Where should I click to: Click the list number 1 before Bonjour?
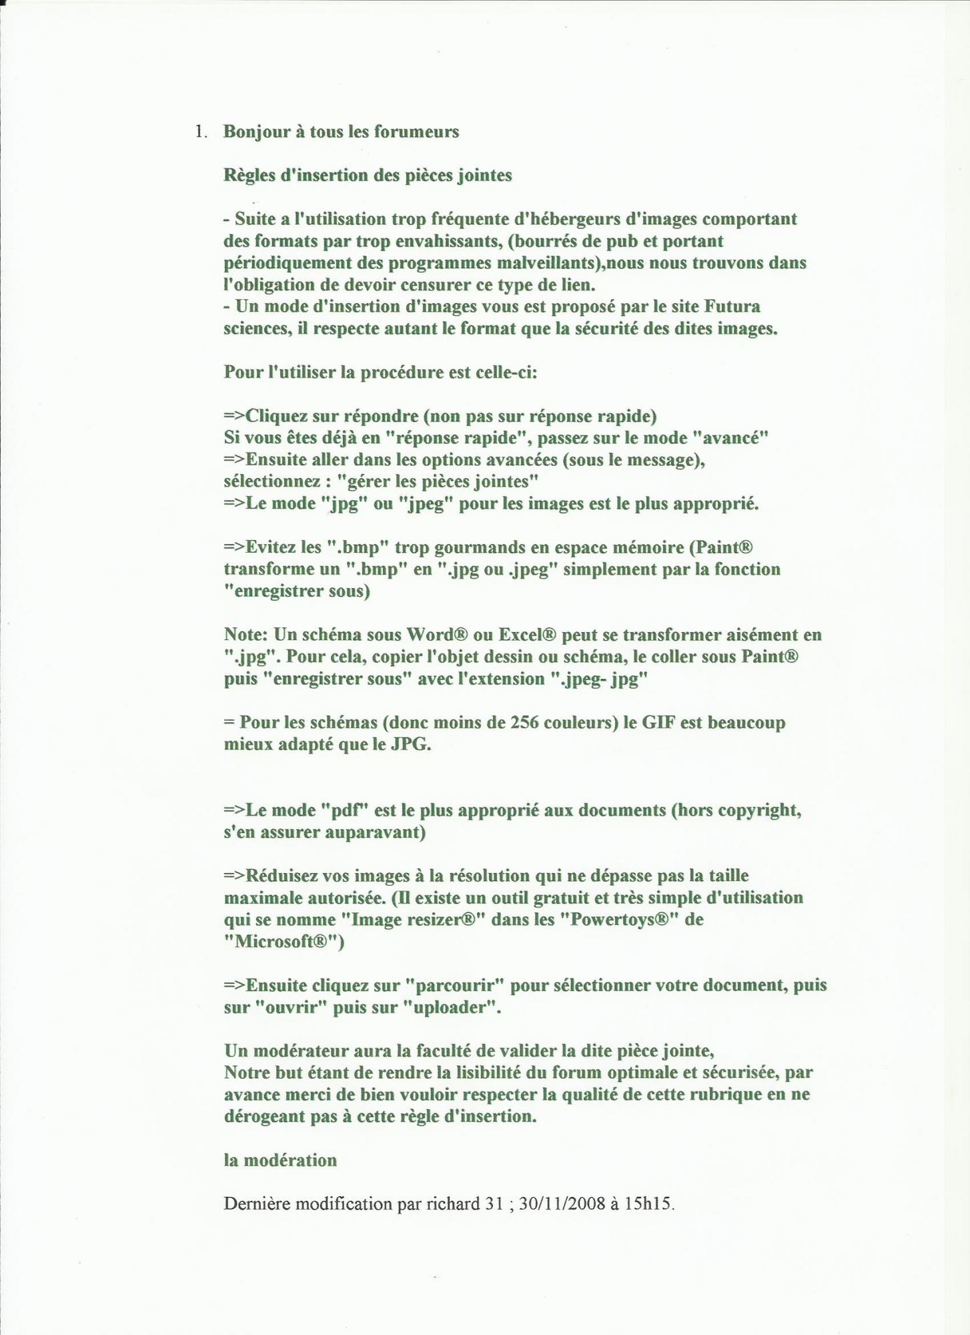pos(198,131)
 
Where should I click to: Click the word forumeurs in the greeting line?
pos(416,131)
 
